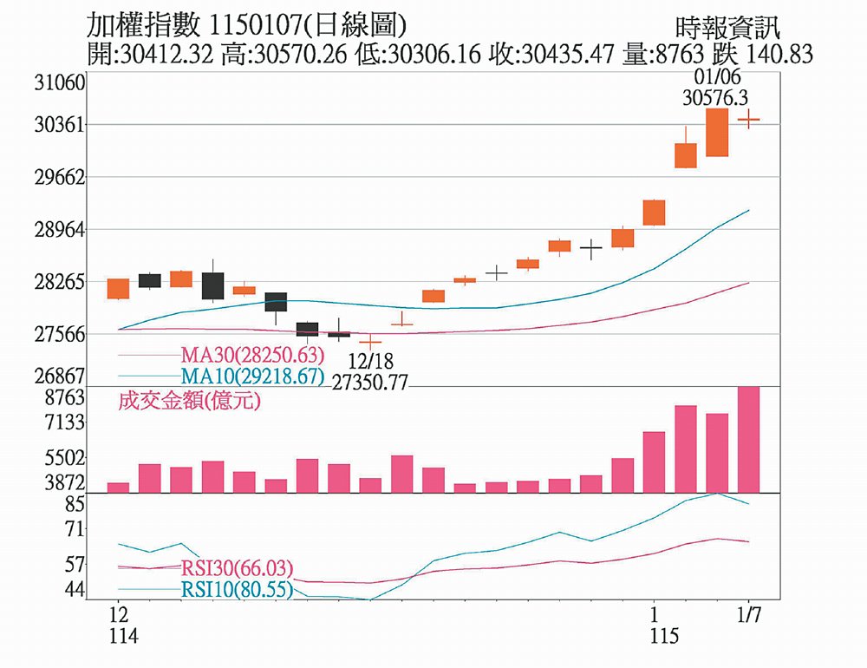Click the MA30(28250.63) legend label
coord(252,355)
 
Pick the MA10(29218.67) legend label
coord(252,377)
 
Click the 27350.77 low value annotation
coord(370,382)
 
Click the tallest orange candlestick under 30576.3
coord(717,132)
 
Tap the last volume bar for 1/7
coord(748,439)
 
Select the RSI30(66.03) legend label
coord(237,568)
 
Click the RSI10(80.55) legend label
coord(237,590)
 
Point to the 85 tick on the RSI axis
coord(74,503)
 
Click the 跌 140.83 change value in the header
coord(763,55)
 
